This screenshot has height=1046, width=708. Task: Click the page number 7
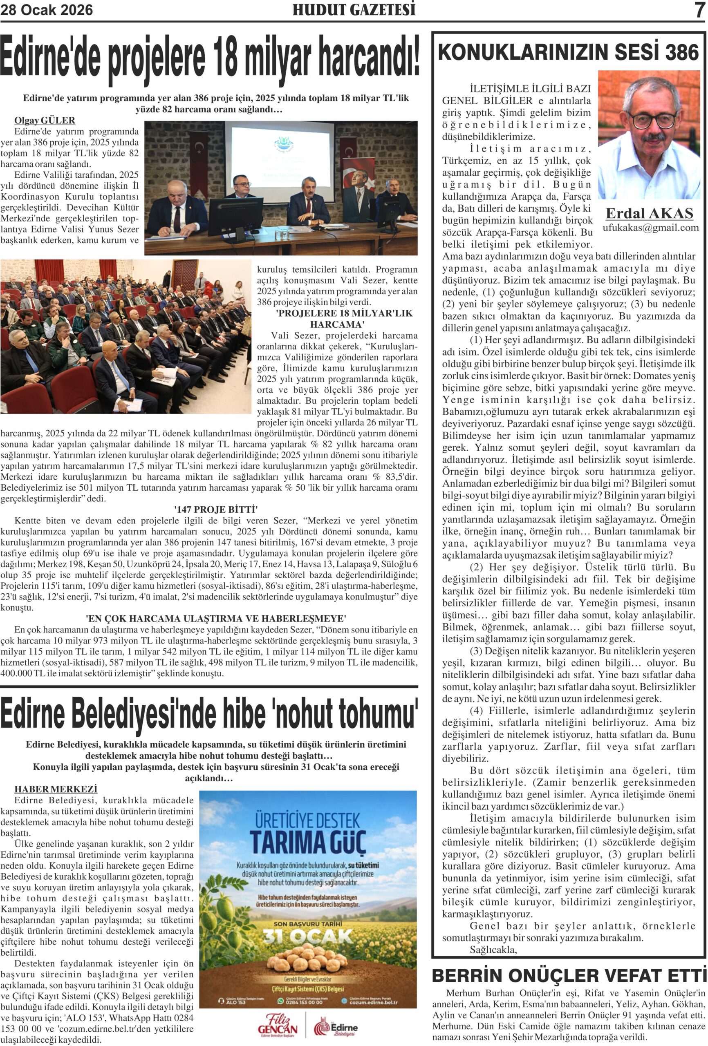click(699, 9)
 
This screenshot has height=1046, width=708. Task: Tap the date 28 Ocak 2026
click(47, 9)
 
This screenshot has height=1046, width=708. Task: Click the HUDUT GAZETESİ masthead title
click(354, 9)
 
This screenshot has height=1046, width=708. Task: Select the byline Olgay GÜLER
click(45, 120)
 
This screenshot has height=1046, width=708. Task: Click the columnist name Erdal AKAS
click(649, 213)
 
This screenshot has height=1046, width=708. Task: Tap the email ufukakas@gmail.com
click(650, 228)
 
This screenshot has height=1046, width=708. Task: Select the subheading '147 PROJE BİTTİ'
click(216, 510)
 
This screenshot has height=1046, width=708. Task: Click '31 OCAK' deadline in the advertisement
click(308, 936)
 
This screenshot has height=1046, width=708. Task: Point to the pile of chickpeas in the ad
click(308, 961)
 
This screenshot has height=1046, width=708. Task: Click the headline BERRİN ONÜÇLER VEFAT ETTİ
click(568, 976)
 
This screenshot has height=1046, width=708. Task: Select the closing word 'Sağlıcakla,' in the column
click(493, 950)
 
